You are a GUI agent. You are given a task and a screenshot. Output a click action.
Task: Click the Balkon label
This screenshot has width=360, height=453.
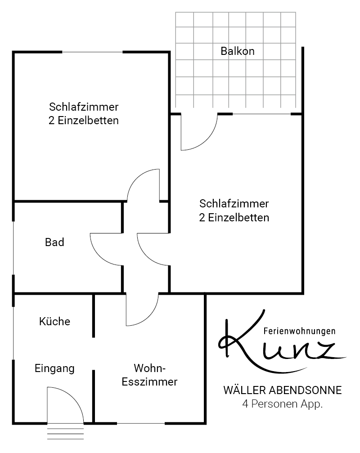coord(238,51)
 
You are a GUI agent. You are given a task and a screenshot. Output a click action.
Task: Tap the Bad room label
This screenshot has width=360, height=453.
coord(54,242)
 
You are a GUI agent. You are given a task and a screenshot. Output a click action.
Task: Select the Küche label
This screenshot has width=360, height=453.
coord(54,321)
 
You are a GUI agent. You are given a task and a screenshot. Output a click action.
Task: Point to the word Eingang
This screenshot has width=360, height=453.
coord(54,368)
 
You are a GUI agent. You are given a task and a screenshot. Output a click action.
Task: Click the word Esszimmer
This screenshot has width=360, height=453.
coord(149,382)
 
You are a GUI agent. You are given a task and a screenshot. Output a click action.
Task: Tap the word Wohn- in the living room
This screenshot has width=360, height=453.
coord(150,368)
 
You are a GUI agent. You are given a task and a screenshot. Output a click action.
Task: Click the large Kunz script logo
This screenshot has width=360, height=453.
coord(282,342)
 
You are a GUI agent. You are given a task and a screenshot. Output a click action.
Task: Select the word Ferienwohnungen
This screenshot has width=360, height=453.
coord(299,331)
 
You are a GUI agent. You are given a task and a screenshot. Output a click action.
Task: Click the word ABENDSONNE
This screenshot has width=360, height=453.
coord(306,390)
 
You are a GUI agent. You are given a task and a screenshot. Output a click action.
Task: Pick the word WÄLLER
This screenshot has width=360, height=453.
coord(244,390)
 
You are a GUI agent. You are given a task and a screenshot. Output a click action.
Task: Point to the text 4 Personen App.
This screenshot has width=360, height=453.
coord(282,404)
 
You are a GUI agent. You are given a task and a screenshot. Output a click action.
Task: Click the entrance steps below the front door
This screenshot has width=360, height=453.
coord(66,433)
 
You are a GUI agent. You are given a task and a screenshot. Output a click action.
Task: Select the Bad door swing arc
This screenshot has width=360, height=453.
coord(100,256)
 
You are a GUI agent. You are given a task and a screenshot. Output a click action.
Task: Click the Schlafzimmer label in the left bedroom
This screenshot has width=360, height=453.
coord(84,107)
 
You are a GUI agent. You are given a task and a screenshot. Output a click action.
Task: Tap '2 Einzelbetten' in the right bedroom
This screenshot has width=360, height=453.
coord(234,218)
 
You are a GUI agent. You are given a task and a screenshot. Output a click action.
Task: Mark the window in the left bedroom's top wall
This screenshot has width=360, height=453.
coord(92,52)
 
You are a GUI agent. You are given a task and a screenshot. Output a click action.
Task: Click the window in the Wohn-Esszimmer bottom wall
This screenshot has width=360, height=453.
coord(141,423)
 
